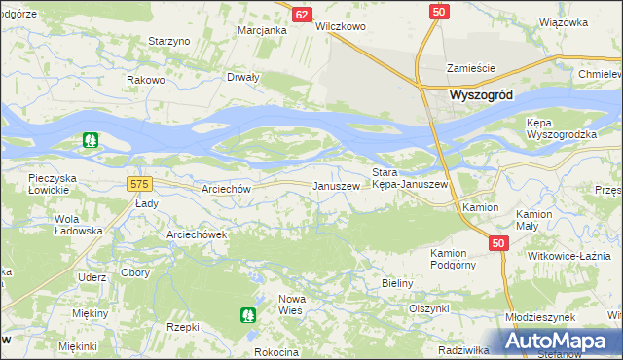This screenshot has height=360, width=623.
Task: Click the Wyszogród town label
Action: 482,95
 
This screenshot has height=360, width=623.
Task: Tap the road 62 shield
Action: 302,15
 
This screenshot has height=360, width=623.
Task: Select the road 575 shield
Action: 138,183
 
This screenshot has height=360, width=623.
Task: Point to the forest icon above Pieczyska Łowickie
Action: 90,141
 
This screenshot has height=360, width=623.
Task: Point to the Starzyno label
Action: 168,41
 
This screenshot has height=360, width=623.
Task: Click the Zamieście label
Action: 471,68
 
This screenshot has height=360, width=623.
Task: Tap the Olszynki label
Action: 428,307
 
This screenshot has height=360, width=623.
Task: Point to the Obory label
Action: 135,272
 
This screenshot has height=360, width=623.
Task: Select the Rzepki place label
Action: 182,327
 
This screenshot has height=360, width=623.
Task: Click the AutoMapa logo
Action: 560,342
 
